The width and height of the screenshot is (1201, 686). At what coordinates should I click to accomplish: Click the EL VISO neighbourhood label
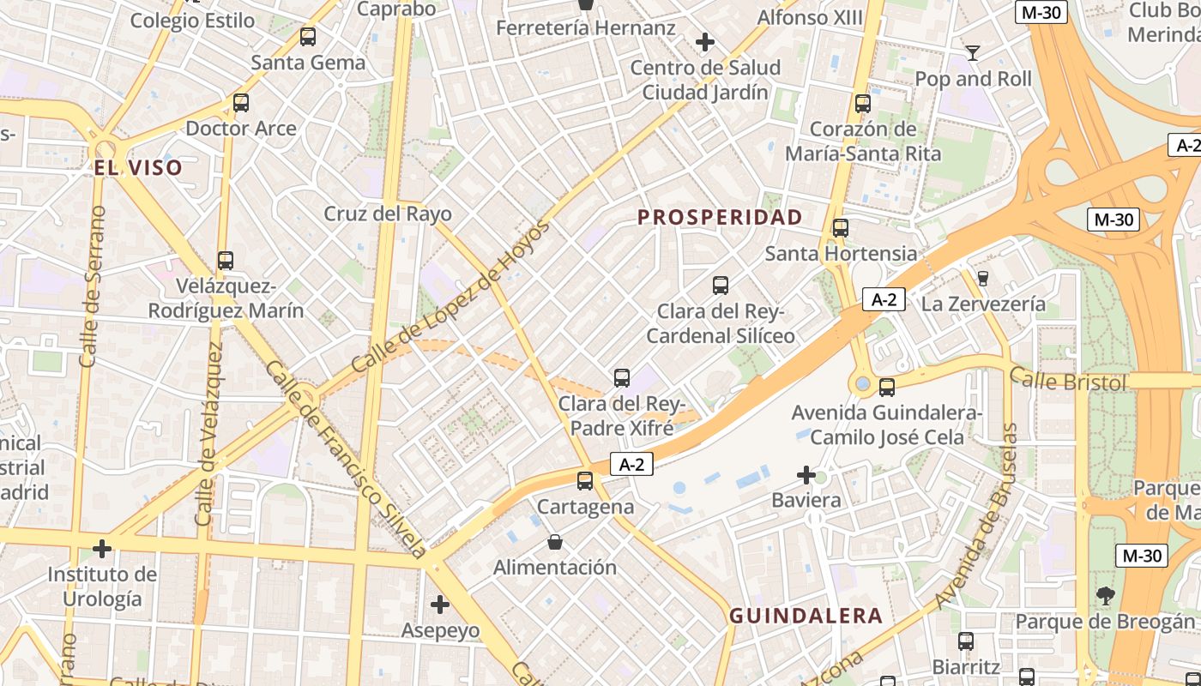point(138,167)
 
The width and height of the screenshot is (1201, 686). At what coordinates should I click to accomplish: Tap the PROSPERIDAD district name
point(720,218)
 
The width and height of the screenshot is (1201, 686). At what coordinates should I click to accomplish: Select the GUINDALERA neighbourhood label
point(806,616)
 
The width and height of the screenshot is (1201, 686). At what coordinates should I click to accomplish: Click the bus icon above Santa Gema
point(308,37)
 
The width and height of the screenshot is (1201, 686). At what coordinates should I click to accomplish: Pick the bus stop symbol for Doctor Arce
point(241,103)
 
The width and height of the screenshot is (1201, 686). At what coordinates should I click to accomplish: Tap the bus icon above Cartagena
point(585,481)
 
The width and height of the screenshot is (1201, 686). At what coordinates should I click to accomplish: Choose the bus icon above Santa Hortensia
point(841,228)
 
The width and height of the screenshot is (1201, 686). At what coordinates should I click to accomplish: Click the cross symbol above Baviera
point(806,474)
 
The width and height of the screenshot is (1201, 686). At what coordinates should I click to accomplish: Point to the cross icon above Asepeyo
point(440,605)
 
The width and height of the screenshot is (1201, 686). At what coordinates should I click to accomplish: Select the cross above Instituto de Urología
point(102,548)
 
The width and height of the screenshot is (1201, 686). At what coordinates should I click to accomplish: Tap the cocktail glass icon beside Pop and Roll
point(973,53)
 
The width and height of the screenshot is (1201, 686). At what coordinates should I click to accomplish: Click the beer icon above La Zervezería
point(983,278)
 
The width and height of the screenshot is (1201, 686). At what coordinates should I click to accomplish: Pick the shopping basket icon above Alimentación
point(555,542)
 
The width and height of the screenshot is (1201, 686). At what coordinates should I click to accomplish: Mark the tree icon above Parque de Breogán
point(1105,595)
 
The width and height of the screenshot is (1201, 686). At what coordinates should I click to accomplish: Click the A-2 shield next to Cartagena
point(632,465)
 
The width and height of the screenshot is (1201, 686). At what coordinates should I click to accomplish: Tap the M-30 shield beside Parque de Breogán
point(1141,556)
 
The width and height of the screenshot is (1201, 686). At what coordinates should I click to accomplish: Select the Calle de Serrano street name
point(92,287)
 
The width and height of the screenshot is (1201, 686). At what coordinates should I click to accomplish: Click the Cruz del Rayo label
point(388,214)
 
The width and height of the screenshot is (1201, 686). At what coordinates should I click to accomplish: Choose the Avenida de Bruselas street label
point(980,514)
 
